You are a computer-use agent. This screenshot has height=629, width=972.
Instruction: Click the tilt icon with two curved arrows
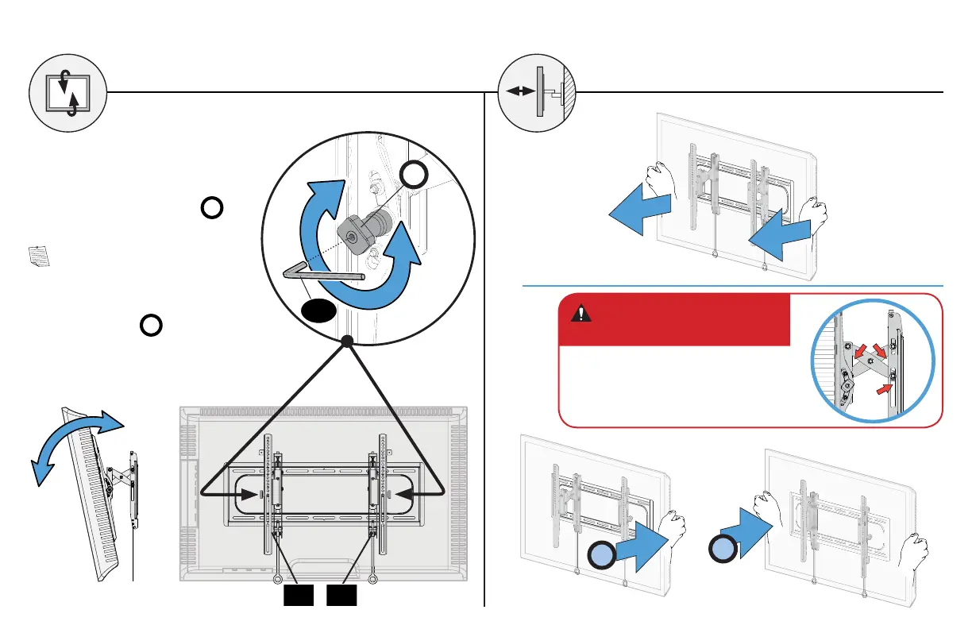click(67, 92)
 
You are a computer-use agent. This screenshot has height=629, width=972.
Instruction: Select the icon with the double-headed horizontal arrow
click(537, 92)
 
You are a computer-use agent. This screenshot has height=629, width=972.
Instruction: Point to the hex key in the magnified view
click(318, 272)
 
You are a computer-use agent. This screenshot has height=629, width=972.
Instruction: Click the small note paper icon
click(38, 257)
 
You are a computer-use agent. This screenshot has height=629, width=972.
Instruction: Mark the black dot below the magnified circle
click(346, 342)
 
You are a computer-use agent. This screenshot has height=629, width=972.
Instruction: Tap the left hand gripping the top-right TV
click(658, 181)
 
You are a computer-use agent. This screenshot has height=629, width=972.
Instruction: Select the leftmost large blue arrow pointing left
click(640, 211)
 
